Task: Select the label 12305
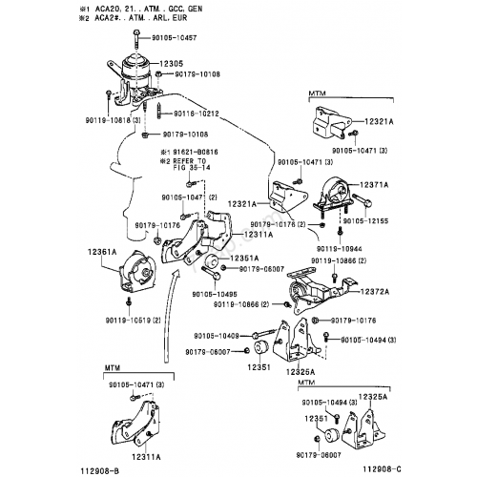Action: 172,63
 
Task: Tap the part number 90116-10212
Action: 197,114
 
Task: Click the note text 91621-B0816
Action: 196,151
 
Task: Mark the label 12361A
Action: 103,253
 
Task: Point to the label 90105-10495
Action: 216,295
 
